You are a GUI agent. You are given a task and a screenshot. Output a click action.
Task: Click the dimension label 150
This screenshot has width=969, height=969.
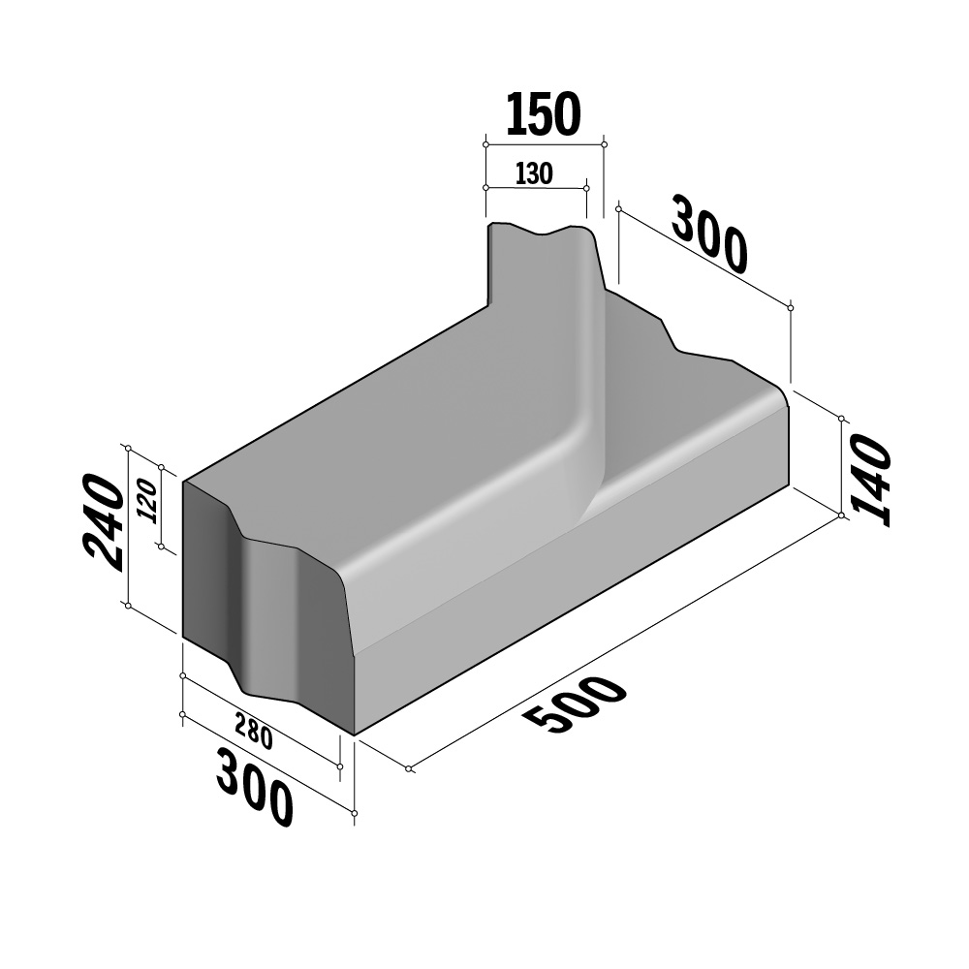click(544, 114)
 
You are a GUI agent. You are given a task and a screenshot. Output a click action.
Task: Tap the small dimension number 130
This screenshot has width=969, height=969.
click(534, 173)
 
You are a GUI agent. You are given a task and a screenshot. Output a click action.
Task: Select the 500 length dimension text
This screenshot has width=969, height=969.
click(574, 703)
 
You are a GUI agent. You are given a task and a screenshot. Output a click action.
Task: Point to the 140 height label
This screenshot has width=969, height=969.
click(871, 480)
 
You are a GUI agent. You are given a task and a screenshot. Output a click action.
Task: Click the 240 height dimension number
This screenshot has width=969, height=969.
click(104, 522)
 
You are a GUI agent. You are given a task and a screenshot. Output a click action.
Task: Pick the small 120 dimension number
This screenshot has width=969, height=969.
click(147, 501)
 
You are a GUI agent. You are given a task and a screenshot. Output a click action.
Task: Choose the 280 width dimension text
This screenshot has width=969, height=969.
click(254, 731)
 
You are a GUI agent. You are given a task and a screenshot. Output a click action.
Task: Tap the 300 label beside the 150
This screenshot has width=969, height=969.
click(710, 234)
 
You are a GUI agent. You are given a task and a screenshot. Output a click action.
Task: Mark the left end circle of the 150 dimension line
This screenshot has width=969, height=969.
click(485, 144)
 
